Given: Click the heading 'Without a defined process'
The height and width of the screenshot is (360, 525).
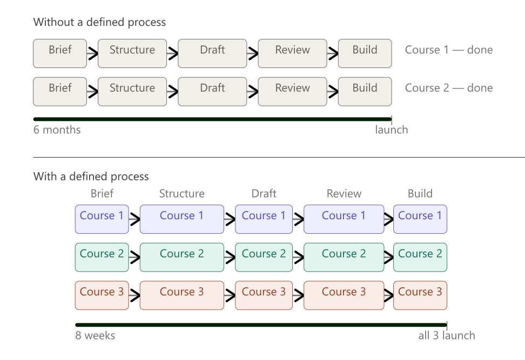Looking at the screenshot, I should [99, 22].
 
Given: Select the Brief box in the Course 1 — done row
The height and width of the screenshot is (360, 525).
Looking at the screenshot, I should [60, 53].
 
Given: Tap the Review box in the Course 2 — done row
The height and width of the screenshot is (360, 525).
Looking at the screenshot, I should [292, 91].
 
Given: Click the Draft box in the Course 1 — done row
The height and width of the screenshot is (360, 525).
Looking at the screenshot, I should [212, 53].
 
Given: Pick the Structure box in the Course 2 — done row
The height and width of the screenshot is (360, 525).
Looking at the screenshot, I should [132, 91].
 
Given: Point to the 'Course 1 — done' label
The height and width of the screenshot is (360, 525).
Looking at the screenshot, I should [448, 50].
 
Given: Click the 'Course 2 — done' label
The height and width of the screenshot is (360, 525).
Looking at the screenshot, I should [448, 88].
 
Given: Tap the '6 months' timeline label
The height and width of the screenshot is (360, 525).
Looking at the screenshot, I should [57, 130].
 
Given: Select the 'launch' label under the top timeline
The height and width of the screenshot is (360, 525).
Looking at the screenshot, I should [392, 130].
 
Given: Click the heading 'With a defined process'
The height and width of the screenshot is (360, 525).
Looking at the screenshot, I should [91, 176].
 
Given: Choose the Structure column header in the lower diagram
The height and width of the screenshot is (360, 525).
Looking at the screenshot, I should [181, 193].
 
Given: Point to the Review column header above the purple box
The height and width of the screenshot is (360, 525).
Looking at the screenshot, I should [344, 193].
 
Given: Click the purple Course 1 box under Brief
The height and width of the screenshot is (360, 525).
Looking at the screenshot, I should [102, 219].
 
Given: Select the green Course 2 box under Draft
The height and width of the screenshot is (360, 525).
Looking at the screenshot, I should [264, 257].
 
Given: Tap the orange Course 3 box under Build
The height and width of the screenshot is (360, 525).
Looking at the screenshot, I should [420, 295].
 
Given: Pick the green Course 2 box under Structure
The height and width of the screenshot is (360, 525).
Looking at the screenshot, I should [181, 257].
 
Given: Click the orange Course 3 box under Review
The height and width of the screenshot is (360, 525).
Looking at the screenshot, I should [344, 295].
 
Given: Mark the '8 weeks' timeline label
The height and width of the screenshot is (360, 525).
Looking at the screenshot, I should [95, 335].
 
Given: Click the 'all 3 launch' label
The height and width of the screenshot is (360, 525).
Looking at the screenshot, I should [446, 335].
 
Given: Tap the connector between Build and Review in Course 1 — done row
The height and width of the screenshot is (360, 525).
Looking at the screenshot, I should [332, 53].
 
